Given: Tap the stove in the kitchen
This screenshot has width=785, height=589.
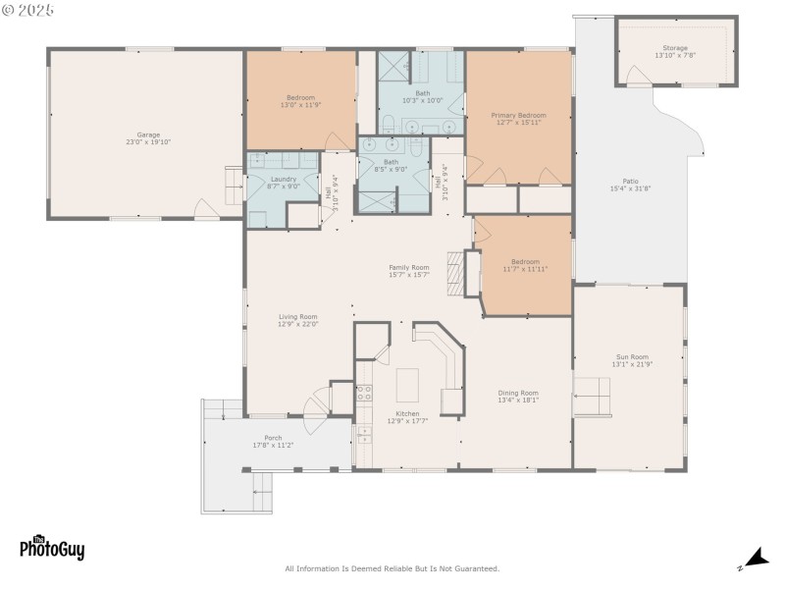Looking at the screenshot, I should pos(363,393).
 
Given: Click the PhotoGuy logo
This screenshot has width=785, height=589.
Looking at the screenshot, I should pos(52,548).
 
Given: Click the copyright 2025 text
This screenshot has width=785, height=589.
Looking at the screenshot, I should pos(28,9).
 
